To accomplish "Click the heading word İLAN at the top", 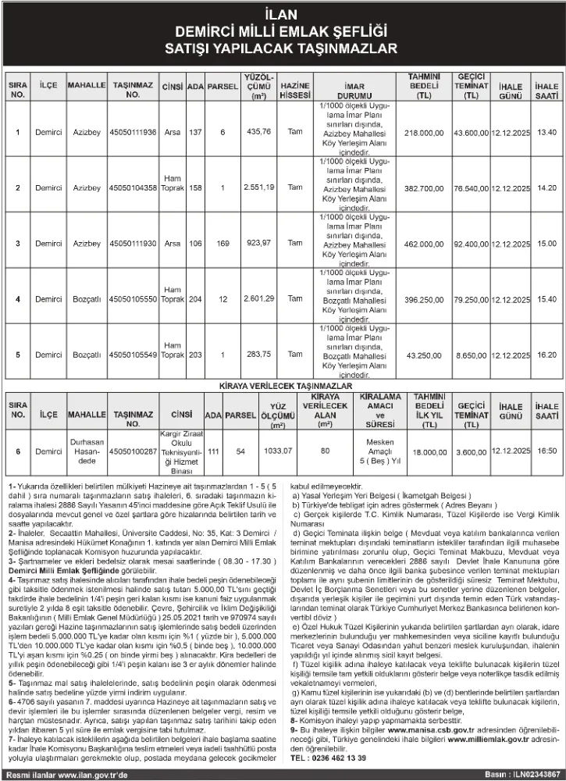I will tap(283, 16).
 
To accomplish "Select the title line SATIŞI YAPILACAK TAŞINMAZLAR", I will tap(283, 48).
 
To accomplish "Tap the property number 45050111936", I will tap(133, 133).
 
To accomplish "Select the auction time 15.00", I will tap(546, 244).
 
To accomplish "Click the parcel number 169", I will tap(223, 244).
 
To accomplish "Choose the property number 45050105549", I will tap(133, 354).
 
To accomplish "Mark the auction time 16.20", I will tap(546, 354).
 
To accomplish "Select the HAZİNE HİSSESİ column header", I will tap(295, 89).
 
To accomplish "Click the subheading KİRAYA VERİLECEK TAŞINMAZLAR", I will tap(283, 386).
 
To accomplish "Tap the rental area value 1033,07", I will tap(278, 451).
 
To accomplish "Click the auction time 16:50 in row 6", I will tap(546, 451).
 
